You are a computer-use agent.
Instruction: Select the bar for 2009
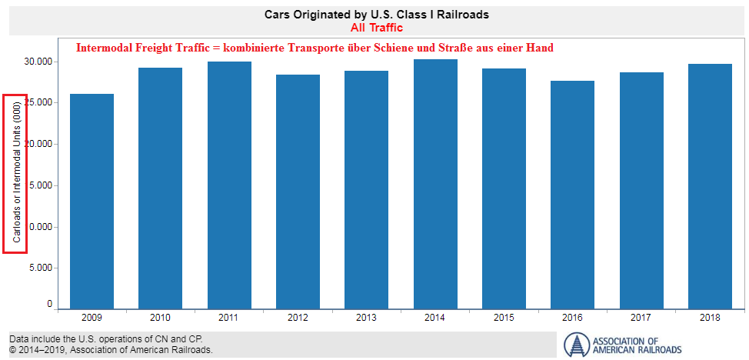[x=92, y=200]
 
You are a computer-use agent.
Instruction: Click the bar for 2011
[x=229, y=185]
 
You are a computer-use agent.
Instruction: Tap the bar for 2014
[x=435, y=185]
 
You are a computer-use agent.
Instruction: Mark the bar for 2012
[x=298, y=192]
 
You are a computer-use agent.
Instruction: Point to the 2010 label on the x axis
[x=160, y=317]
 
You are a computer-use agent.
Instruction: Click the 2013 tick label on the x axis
[x=366, y=317]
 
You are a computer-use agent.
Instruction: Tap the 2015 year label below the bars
[x=504, y=317]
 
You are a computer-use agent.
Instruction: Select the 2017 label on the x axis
[x=641, y=317]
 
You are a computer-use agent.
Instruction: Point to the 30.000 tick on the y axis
[x=38, y=62]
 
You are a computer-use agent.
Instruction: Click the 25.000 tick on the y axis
[x=38, y=102]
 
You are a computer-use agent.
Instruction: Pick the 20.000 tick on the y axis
[x=38, y=144]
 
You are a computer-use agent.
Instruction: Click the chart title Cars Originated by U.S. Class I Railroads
[x=376, y=15]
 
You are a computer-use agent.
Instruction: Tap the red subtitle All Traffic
[x=376, y=28]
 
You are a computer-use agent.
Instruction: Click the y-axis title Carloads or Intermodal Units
[x=16, y=173]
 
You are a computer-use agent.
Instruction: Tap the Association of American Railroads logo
[x=623, y=345]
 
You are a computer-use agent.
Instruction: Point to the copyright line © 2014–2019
[x=111, y=350]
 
